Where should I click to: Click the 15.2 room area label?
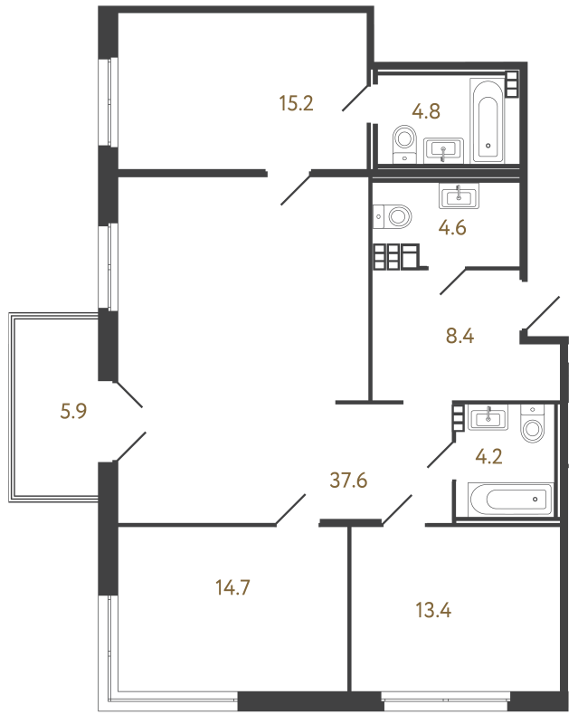(x=297, y=103)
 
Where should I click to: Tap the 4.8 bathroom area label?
(x=426, y=111)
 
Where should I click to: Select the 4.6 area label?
(x=452, y=228)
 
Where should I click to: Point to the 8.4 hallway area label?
(x=460, y=336)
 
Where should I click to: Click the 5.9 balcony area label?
(x=73, y=411)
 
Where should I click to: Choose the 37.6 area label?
(x=348, y=481)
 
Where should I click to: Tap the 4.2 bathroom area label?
(x=488, y=456)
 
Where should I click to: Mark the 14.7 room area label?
(x=232, y=587)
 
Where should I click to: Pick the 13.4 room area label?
(x=433, y=610)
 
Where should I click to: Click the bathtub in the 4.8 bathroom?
(x=488, y=120)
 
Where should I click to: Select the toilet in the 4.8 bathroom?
(x=405, y=144)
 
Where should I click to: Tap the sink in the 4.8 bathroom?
(x=443, y=150)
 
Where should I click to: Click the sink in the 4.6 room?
(x=459, y=195)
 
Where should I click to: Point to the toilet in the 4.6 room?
(x=392, y=216)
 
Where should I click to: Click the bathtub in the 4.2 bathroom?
(x=510, y=500)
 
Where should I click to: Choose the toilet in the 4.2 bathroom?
(x=532, y=424)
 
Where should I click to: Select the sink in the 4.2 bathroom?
(x=488, y=417)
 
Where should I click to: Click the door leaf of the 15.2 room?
(x=296, y=187)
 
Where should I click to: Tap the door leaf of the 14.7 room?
(x=291, y=510)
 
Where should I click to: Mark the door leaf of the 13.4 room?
(x=396, y=510)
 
